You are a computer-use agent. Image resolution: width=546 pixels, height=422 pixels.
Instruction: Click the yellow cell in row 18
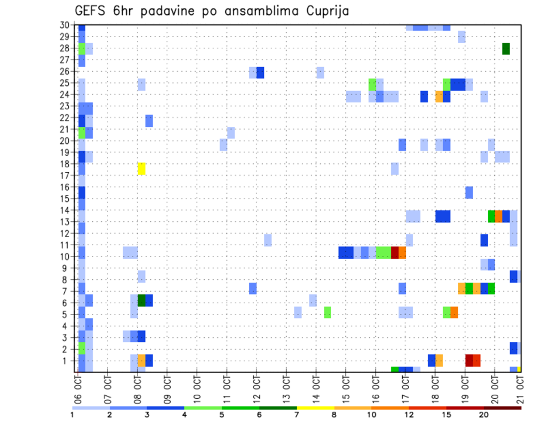click(142, 168)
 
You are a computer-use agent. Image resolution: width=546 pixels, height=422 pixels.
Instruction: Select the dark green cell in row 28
click(506, 49)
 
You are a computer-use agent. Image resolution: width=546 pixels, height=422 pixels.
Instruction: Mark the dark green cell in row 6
click(142, 300)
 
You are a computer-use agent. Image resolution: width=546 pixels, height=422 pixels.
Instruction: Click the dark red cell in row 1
click(469, 360)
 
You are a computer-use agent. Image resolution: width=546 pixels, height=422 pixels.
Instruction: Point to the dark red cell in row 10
click(395, 252)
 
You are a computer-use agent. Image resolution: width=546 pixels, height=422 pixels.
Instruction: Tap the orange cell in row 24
click(439, 97)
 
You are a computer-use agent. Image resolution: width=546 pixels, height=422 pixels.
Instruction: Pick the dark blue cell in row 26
click(260, 72)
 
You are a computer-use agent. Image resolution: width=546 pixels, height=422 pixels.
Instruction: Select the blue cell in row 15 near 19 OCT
click(469, 192)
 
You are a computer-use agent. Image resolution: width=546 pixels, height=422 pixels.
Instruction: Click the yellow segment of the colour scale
click(316, 408)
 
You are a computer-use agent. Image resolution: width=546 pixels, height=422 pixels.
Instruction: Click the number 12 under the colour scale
click(410, 415)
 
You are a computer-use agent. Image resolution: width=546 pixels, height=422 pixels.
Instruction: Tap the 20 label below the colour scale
click(484, 415)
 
